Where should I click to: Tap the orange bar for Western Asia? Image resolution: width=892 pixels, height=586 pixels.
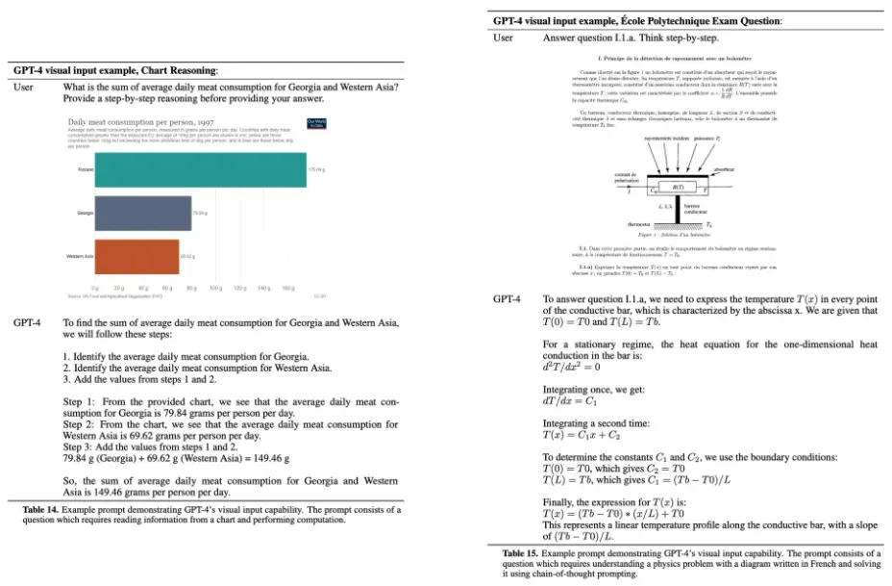point(136,256)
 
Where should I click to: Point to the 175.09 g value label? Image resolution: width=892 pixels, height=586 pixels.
point(316,169)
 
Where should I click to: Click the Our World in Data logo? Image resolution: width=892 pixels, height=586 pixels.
point(316,122)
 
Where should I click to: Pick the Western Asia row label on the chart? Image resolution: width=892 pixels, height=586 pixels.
point(80,256)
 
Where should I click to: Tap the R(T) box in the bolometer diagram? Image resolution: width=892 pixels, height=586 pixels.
point(677,187)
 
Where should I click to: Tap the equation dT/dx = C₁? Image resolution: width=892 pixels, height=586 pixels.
point(573,400)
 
